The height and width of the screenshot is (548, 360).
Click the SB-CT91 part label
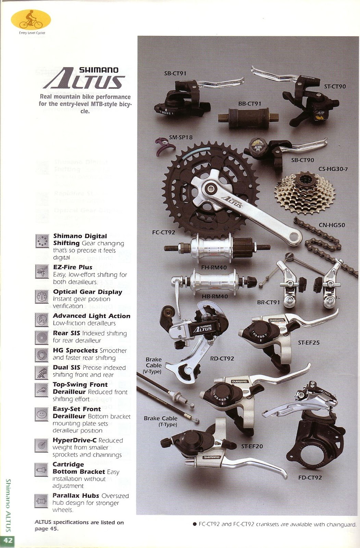point(175,73)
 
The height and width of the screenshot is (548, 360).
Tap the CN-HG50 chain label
point(332,225)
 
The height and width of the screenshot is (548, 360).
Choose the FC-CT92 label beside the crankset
point(163,232)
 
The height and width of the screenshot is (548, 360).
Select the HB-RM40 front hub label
point(215,296)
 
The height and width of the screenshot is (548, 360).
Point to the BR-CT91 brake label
point(269,302)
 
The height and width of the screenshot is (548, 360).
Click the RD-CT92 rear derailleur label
point(222,358)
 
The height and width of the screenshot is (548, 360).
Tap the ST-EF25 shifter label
point(309,342)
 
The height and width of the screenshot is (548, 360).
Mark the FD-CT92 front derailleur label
point(310,477)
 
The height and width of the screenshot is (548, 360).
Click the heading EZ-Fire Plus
point(73,267)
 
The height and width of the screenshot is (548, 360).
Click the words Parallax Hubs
point(76,496)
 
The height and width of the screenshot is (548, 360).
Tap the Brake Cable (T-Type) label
point(160,421)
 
